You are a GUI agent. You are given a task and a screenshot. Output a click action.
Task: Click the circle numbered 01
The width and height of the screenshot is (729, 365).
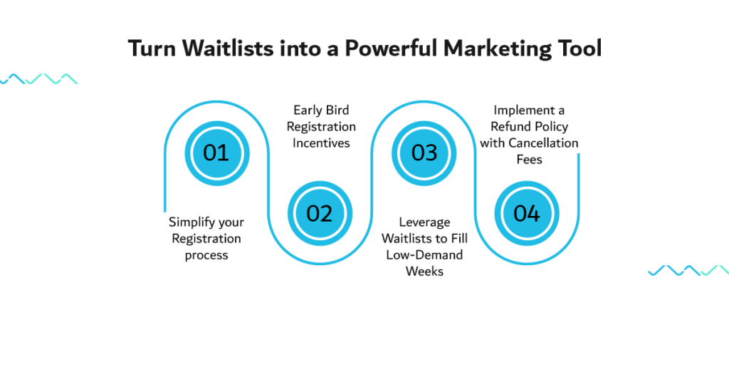pyautogui.click(x=217, y=153)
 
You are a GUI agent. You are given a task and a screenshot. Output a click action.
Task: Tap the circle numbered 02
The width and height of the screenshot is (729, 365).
pyautogui.click(x=320, y=214)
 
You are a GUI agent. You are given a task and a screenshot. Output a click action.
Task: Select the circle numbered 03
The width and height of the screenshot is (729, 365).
pyautogui.click(x=424, y=153)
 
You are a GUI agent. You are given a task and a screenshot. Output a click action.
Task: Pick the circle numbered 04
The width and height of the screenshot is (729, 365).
pyautogui.click(x=527, y=214)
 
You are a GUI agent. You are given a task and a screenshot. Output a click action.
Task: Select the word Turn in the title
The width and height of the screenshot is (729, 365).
pyautogui.click(x=154, y=49)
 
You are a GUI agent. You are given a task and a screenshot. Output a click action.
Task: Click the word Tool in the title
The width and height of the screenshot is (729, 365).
pyautogui.click(x=581, y=49)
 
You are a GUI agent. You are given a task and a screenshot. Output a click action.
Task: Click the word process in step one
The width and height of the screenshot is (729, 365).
pyautogui.click(x=206, y=256)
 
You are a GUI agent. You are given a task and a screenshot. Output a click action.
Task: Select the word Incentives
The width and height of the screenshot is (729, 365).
pyautogui.click(x=321, y=143)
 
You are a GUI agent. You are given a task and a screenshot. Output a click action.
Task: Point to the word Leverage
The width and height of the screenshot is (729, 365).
pyautogui.click(x=424, y=223)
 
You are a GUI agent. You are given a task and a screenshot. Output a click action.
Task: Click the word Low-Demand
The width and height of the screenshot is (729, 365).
pyautogui.click(x=424, y=255)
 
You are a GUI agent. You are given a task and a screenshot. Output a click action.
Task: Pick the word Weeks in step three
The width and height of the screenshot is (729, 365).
pyautogui.click(x=424, y=272)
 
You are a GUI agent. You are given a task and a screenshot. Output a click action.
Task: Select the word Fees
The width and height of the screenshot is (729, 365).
pyautogui.click(x=529, y=159)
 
